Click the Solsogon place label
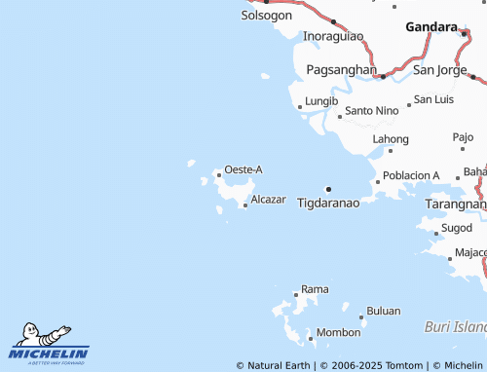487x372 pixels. point(266,16)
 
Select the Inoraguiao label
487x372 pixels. point(333,36)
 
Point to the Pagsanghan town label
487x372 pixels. point(341,70)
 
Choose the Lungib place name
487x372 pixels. point(321,100)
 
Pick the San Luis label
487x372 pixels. point(433,99)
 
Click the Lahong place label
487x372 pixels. point(391,139)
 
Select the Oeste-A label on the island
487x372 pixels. point(243,169)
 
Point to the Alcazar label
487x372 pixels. point(268,199)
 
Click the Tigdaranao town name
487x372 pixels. point(328,203)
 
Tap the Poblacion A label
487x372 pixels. point(412,175)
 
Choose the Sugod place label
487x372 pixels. point(456,227)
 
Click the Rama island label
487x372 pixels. point(315,289)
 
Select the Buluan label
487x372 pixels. point(384,311)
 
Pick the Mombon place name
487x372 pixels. point(338,332)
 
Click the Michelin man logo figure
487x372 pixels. point(37,332)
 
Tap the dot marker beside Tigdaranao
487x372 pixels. point(329,189)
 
